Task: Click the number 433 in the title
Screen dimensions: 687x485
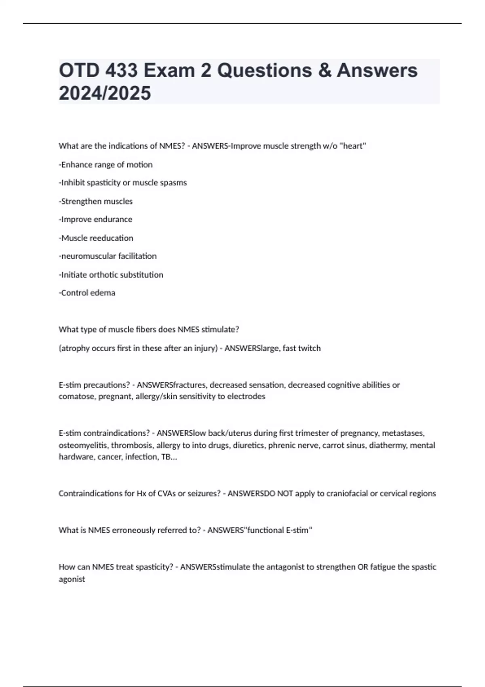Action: pos(120,71)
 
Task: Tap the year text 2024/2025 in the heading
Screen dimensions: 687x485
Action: pos(105,93)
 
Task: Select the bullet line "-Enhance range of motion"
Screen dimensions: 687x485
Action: pos(105,164)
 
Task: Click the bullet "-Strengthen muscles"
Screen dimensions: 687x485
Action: pos(95,201)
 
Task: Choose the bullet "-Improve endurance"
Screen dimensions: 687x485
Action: pos(95,219)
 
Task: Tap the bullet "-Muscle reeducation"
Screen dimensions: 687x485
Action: pos(96,238)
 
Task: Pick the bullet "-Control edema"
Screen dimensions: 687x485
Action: pos(87,293)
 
